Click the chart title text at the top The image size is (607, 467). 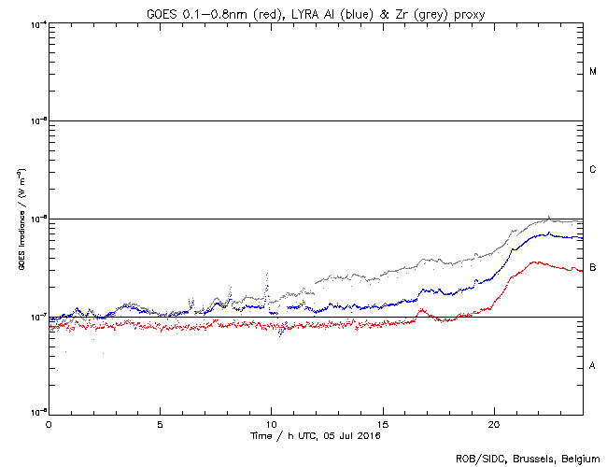315,10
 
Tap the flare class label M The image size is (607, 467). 593,72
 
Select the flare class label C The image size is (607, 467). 593,170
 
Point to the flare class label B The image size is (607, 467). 593,268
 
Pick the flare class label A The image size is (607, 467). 593,366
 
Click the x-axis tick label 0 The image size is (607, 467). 49,424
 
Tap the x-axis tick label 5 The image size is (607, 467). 160,424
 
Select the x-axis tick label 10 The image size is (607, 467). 271,424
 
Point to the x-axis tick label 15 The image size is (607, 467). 382,424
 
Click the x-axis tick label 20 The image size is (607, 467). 493,424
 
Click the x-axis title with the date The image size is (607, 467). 315,435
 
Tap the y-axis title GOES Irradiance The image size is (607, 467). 21,219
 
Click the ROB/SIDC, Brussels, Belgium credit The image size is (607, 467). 529,459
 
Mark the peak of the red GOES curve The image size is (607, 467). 534,262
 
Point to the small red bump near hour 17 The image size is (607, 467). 422,309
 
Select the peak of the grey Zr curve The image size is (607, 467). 549,217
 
